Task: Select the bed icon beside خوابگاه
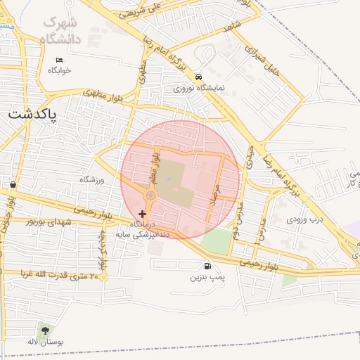point(60,60)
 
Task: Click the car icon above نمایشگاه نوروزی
point(199,77)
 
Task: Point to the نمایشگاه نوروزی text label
point(199,89)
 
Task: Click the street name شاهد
point(232,25)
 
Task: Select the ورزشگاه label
point(91,180)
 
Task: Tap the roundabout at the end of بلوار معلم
point(150,195)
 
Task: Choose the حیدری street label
point(248,156)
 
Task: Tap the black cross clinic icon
point(143,213)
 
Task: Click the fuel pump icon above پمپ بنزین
point(207,266)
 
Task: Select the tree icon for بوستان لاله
point(46,329)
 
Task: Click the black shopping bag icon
point(13,184)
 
